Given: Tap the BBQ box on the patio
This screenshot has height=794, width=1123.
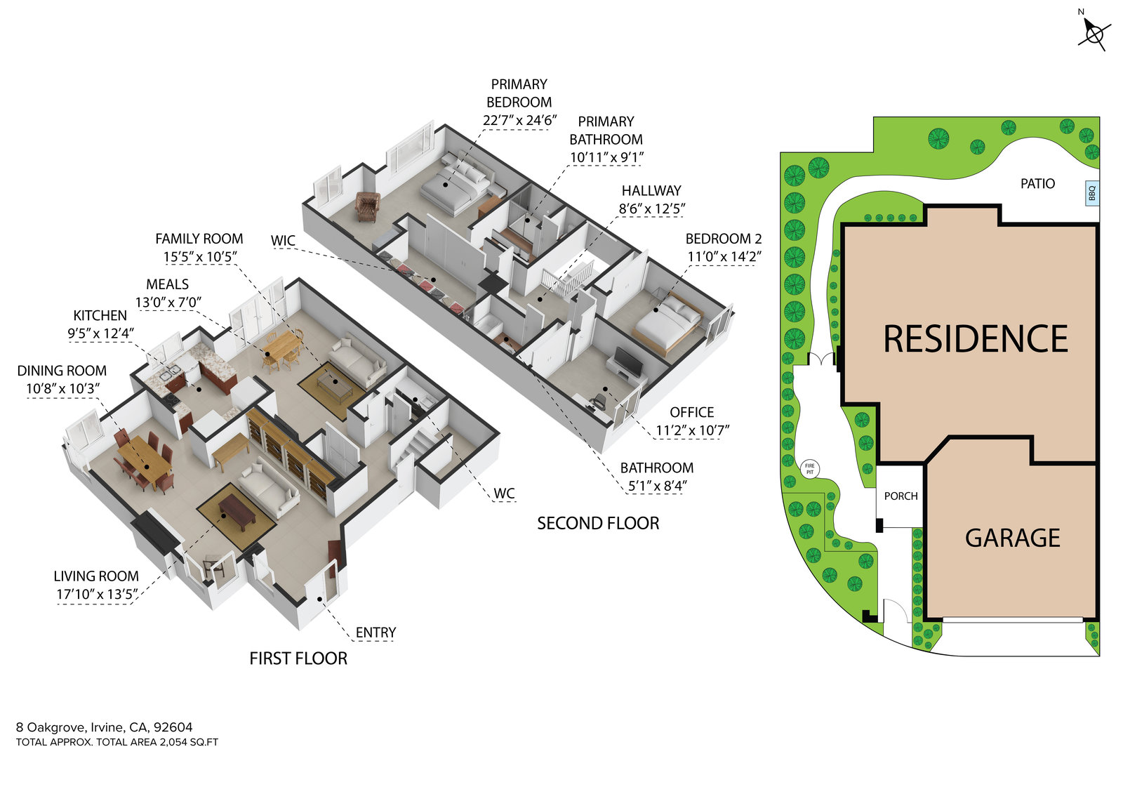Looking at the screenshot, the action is (x=1091, y=192).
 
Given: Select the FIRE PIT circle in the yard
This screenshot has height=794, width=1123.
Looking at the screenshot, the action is (x=809, y=468).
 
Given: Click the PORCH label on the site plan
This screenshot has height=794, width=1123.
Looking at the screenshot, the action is (x=901, y=496).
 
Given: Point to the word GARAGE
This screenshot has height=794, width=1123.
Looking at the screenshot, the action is (x=1012, y=538).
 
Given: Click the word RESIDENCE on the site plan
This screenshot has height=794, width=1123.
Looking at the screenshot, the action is (x=975, y=339).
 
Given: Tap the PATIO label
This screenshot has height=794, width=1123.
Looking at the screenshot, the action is (x=1037, y=184).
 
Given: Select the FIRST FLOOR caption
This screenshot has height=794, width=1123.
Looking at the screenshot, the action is (x=298, y=659).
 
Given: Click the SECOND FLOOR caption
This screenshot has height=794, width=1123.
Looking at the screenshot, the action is (x=598, y=524).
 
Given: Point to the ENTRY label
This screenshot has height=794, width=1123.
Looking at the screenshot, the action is (x=376, y=633).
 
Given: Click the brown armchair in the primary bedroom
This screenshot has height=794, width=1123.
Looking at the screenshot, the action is (x=367, y=206).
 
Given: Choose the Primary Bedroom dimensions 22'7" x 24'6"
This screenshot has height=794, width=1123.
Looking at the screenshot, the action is (x=519, y=120).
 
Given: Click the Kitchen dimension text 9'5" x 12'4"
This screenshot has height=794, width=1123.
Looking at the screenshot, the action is (x=100, y=333).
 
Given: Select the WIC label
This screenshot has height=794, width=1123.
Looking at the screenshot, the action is (x=283, y=241).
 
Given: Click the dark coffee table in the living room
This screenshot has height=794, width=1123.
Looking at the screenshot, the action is (x=237, y=511).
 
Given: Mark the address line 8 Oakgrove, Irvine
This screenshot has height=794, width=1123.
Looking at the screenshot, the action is (x=104, y=727).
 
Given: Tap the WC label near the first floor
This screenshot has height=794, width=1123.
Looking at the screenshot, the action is (x=504, y=494).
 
